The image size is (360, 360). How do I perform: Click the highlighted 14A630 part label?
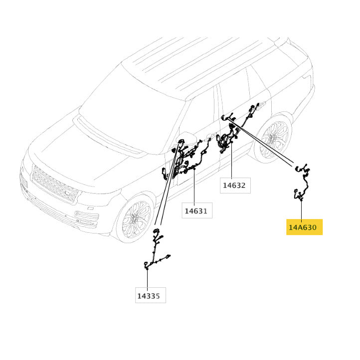[x=304, y=227]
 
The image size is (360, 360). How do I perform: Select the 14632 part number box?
[x=235, y=185]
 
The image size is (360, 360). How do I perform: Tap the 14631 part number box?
[x=197, y=210]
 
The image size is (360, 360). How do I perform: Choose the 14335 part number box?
[x=151, y=295]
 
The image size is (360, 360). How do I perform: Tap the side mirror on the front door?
[x=186, y=138]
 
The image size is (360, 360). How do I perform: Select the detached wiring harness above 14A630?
[x=303, y=181]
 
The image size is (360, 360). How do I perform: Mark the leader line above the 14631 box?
[x=194, y=186]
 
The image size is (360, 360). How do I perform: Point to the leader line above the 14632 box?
[x=232, y=160]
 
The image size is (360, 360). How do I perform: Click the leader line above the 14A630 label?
[x=302, y=209]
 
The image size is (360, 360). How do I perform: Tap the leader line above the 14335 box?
[x=148, y=278]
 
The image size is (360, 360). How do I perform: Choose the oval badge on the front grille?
[x=68, y=193]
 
